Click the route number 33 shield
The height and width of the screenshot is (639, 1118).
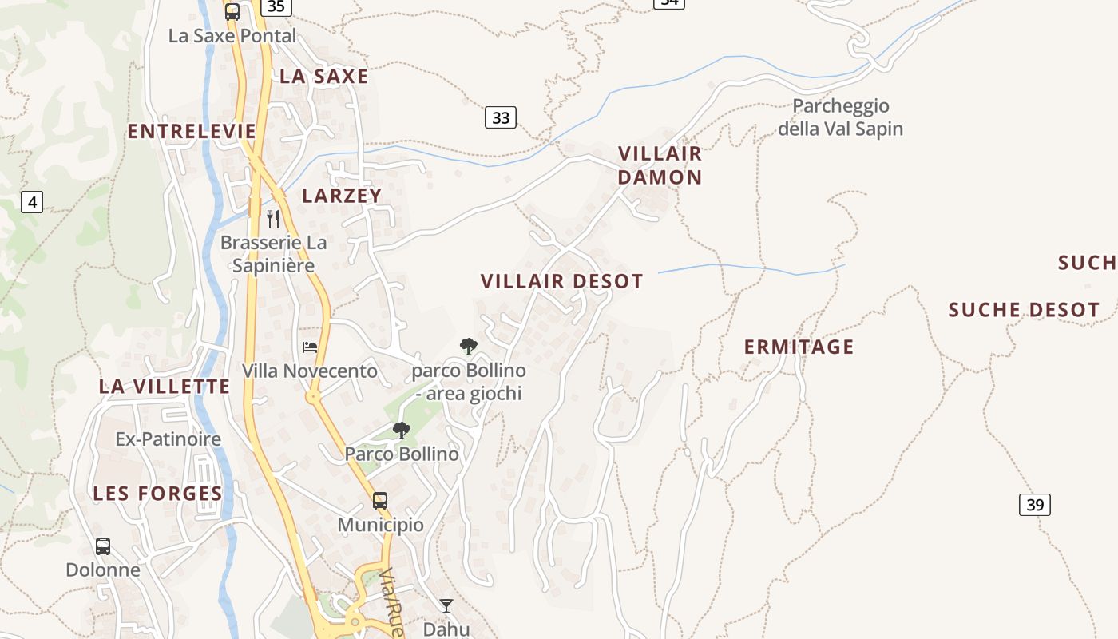coord(501,117)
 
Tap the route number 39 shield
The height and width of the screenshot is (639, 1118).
coord(1035,504)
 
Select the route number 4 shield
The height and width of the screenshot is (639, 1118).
coord(32,202)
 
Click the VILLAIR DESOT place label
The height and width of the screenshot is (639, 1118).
coord(561,281)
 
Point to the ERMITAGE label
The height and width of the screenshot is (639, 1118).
coord(799,347)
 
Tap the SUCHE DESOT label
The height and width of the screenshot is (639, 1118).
coord(1024,310)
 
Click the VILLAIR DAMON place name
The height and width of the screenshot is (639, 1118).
coord(660,165)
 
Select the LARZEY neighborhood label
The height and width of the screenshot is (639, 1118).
coord(342,196)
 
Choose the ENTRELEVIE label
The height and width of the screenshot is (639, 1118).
coord(192,131)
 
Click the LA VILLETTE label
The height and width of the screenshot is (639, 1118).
coord(165,387)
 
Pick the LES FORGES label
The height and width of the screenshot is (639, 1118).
coord(158,494)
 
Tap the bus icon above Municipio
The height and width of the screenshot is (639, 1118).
coord(380,501)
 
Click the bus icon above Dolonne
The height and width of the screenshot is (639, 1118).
coord(103,546)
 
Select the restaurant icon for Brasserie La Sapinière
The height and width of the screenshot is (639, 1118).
coord(273,218)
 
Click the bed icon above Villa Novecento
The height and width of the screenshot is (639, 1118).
coord(310,347)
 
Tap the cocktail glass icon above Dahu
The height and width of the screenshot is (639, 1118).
coord(446,606)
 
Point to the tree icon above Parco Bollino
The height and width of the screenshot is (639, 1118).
coord(402,431)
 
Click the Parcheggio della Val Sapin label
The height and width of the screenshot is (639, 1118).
coord(840,117)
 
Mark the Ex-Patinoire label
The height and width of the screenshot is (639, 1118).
coord(168,439)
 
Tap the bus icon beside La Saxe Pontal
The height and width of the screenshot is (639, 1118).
coord(232,12)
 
